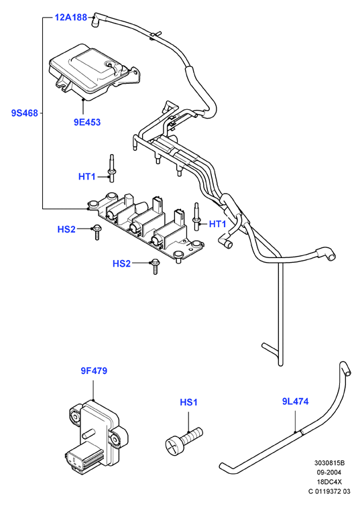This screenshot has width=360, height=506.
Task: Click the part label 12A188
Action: click(70, 17)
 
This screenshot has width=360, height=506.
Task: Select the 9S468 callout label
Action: click(25, 113)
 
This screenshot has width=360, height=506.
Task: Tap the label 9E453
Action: click(87, 122)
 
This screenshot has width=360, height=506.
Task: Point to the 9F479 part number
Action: click(94, 371)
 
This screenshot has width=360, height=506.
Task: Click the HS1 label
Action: click(188, 402)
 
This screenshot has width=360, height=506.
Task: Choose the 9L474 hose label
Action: click(296, 401)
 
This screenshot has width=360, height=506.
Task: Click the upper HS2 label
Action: click(66, 229)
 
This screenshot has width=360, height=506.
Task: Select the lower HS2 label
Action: click(121, 263)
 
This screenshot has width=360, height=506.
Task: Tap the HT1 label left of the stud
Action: click(87, 177)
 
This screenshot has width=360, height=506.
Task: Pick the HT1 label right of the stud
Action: click(218, 224)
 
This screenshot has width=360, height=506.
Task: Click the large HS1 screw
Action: click(184, 441)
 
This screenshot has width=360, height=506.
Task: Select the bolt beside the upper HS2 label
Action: click(97, 233)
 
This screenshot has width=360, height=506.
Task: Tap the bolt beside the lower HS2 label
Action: click(156, 267)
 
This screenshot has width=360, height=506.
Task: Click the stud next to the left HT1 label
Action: click(111, 168)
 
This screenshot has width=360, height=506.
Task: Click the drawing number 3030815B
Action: click(330, 463)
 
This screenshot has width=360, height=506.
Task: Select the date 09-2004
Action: click(330, 472)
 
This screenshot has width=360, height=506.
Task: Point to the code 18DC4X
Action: click(330, 482)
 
